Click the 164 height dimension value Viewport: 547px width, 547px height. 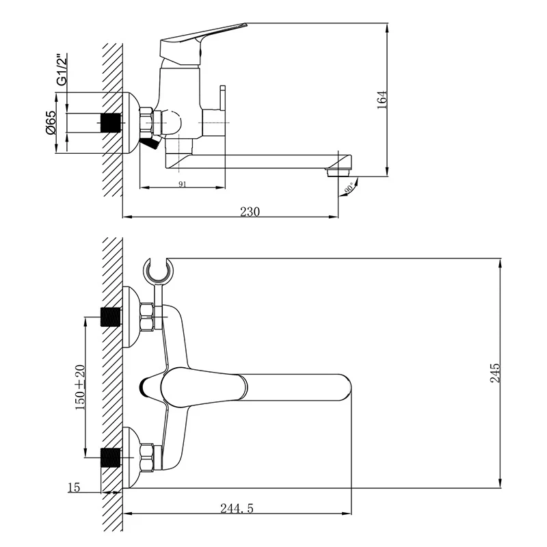point(382,101)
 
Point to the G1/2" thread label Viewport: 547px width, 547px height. point(61,68)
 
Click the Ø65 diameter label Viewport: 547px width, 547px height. point(51,122)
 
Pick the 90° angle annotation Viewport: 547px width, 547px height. point(349,187)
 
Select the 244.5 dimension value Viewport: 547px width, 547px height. point(237,508)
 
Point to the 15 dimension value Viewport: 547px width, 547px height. point(74,487)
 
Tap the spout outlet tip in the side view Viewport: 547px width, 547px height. point(338,172)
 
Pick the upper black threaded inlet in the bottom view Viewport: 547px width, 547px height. point(110,317)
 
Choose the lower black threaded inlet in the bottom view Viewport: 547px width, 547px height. point(110,456)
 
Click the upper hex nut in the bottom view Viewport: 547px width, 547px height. point(148,317)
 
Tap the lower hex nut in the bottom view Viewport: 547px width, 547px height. point(148,456)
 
